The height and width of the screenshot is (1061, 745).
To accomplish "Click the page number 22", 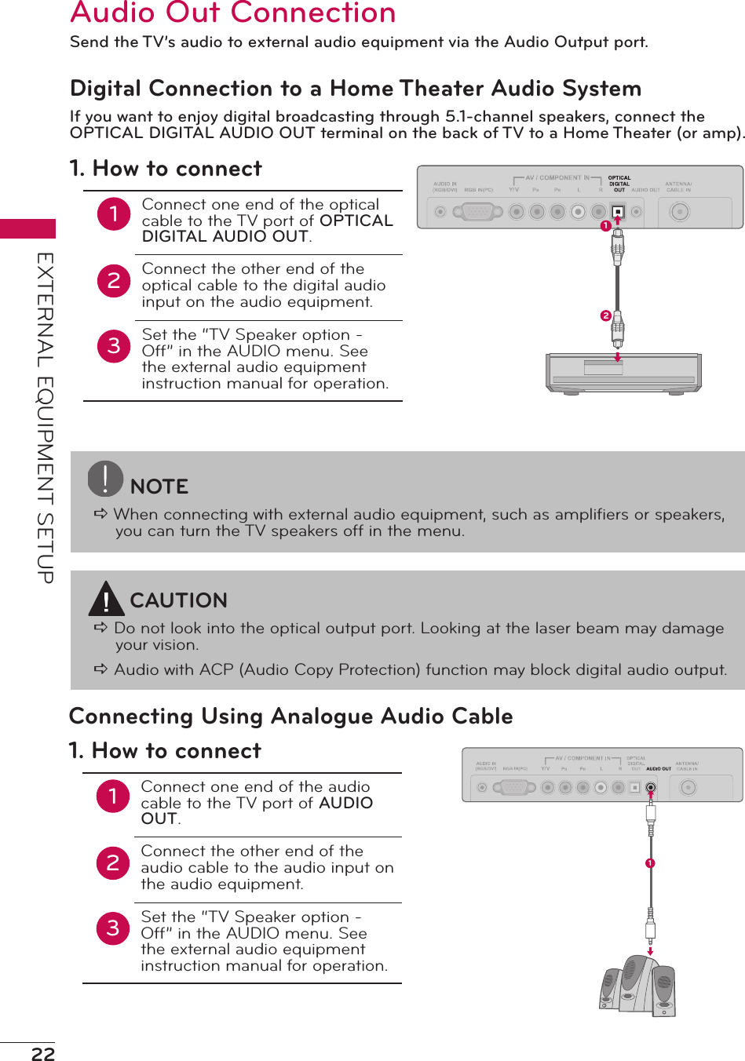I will click(x=43, y=1053).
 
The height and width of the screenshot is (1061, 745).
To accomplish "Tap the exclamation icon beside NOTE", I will click(x=105, y=479).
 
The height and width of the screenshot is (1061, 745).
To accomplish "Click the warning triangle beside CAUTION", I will click(x=105, y=600).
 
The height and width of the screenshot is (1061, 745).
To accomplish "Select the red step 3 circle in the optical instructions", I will click(x=114, y=345).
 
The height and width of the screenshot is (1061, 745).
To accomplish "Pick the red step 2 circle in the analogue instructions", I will click(x=113, y=863).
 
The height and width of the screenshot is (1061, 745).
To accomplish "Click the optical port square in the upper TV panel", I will click(x=618, y=211).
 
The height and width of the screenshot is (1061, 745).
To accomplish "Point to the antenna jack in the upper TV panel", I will click(x=678, y=211).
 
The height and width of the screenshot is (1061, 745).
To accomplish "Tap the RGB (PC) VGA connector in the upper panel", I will click(x=478, y=211).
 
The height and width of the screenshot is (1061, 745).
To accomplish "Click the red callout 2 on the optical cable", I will click(x=605, y=315).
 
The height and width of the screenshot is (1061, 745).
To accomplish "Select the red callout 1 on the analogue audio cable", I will click(x=650, y=863).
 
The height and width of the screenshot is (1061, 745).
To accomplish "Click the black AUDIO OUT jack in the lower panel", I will click(x=650, y=787).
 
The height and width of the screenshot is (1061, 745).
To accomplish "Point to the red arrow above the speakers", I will click(x=650, y=950).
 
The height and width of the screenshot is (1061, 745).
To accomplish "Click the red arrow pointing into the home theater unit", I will click(x=618, y=357).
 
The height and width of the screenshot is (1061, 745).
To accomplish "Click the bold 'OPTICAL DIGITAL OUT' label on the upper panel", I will click(x=619, y=184).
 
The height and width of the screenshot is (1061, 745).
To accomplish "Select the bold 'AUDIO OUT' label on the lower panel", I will click(x=658, y=769).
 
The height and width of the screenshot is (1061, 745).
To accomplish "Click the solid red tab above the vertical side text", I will click(x=27, y=228).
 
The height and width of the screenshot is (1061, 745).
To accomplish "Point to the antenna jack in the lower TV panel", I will click(x=687, y=787).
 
